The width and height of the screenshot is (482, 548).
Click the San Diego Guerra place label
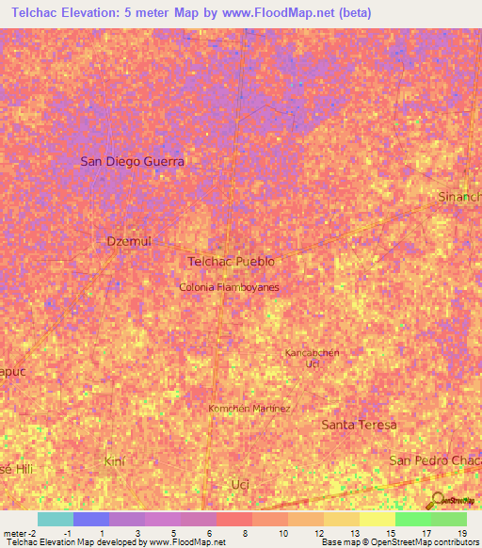(x=132, y=161)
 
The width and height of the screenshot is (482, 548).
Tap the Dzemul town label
(x=129, y=241)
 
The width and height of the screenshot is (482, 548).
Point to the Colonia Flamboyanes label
(x=230, y=286)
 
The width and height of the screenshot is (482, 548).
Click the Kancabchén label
(x=312, y=352)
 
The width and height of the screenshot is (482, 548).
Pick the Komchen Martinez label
(x=249, y=408)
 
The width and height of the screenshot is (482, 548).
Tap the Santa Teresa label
(x=359, y=425)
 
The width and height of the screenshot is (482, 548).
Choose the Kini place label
(x=114, y=460)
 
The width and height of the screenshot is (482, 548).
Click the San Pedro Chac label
(x=436, y=459)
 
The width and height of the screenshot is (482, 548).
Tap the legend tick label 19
(x=461, y=533)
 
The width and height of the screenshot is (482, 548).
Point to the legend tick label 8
(x=247, y=533)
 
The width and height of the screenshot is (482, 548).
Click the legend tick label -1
(x=67, y=533)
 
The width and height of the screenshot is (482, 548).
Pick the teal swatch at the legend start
(x=55, y=519)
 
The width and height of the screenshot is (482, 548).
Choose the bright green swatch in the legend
(x=412, y=519)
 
